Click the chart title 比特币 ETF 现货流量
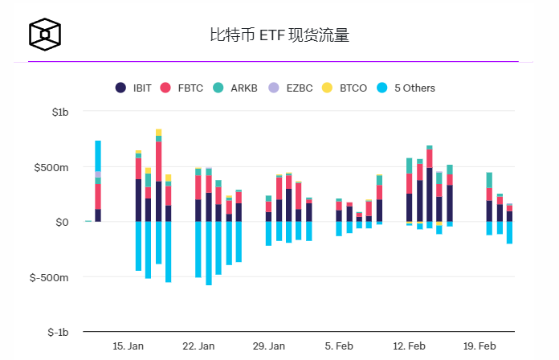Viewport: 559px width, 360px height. click(x=279, y=35)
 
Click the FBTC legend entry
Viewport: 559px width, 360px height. click(x=183, y=88)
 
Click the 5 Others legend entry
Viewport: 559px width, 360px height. click(x=403, y=88)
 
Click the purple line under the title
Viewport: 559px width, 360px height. click(x=273, y=61)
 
